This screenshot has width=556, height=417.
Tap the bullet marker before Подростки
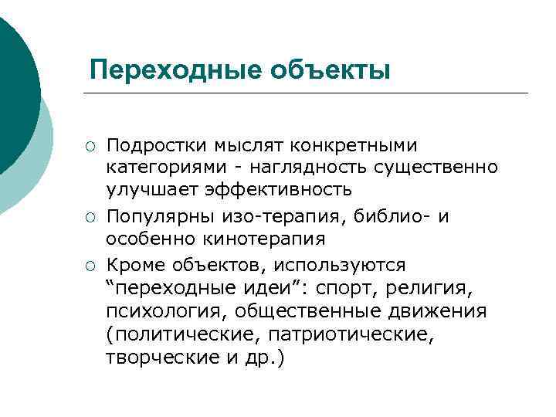90,146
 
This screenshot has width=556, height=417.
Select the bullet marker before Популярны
90,218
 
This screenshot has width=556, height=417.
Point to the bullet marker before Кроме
90,266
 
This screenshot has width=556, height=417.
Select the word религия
432,289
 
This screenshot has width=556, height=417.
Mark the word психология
164,312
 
